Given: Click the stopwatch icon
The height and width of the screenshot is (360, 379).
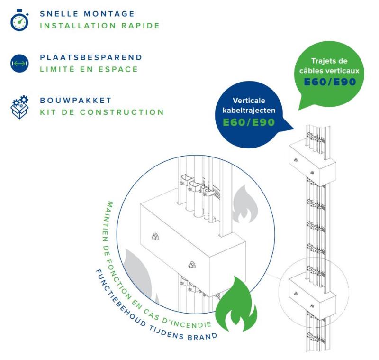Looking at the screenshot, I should (x=18, y=20).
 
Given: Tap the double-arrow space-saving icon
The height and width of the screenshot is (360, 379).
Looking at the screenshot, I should (x=18, y=63).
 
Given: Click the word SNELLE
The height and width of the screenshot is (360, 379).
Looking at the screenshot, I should (x=57, y=14).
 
